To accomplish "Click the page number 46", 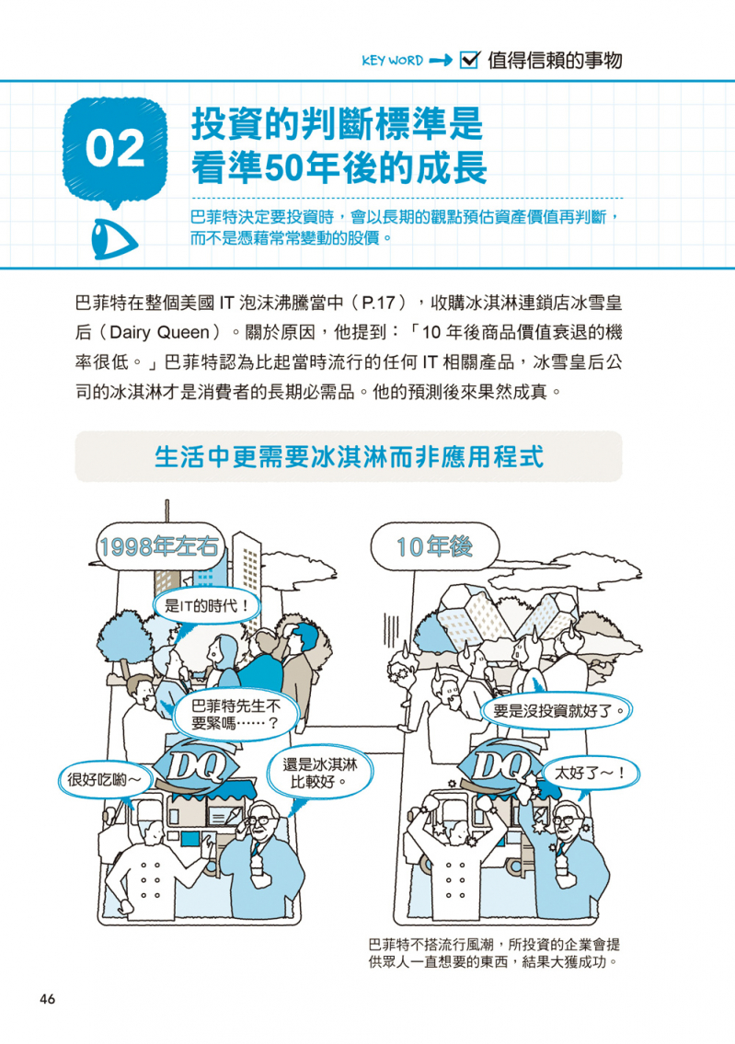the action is click(x=47, y=999).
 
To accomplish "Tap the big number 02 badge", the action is click(x=114, y=149).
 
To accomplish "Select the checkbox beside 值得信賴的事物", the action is click(x=470, y=60).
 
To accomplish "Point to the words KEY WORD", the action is click(x=392, y=61).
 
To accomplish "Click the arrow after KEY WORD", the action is click(x=441, y=61).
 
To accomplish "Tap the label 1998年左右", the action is click(x=158, y=546).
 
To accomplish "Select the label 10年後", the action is click(x=434, y=546).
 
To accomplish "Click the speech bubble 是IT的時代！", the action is click(x=206, y=606).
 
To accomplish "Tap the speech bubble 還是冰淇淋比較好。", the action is click(x=319, y=773).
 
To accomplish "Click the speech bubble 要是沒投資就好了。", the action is click(x=557, y=710).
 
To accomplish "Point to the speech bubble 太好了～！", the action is click(x=590, y=773).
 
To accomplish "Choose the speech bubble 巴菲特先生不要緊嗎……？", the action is click(x=235, y=715).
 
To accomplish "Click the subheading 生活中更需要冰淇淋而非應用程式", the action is click(x=349, y=457).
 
